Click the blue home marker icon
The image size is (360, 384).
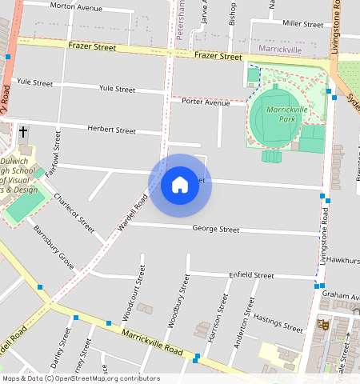click(x=180, y=186)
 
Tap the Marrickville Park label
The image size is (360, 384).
click(x=282, y=114)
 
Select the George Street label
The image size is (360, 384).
click(x=216, y=230)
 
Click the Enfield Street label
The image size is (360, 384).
click(x=251, y=275)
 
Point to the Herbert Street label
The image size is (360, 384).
click(x=111, y=130)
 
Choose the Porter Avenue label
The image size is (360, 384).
click(x=206, y=102)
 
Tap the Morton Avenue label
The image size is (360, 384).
click(x=76, y=7)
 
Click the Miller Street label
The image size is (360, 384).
click(x=302, y=25)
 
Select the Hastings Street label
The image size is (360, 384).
click(x=278, y=322)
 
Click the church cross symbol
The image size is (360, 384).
click(x=22, y=131)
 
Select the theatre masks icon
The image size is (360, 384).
click(x=323, y=325)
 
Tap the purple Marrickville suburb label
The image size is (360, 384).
click(x=281, y=50)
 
